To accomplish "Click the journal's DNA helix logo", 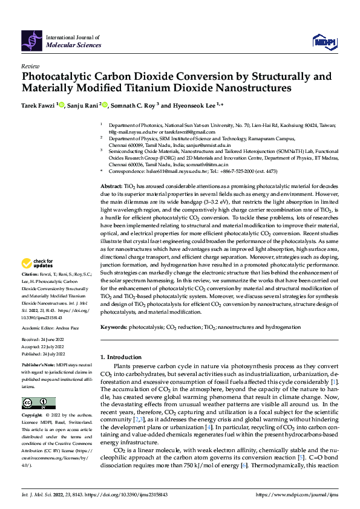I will (32, 40).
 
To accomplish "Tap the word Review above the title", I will (30, 66).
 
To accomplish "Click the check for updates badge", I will (36, 263).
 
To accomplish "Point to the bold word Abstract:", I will (111, 170).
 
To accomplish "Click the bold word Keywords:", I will (113, 327).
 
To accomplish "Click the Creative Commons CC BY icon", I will (38, 403).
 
